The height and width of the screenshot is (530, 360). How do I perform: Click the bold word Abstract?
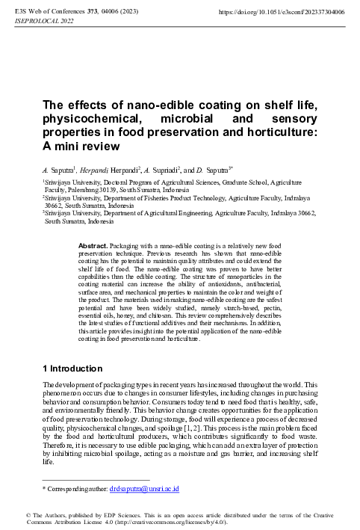pyautogui.click(x=93, y=245)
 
